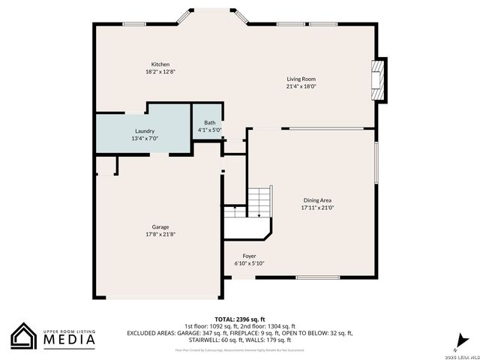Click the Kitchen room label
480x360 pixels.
160,64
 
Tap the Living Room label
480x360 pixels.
301,79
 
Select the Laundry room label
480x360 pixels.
145,131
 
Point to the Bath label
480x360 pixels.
209,122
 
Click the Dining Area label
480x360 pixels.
317,200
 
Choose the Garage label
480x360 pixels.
160,226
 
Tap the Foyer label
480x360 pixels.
249,256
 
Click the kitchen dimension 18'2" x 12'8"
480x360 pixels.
160,72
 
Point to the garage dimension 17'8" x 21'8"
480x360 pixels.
160,234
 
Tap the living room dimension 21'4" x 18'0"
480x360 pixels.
301,86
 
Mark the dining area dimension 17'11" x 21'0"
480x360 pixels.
317,208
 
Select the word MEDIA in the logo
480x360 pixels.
67,340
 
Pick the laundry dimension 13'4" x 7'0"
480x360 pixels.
145,139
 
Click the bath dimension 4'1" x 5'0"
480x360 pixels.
209,130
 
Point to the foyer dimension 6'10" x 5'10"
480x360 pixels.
249,263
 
